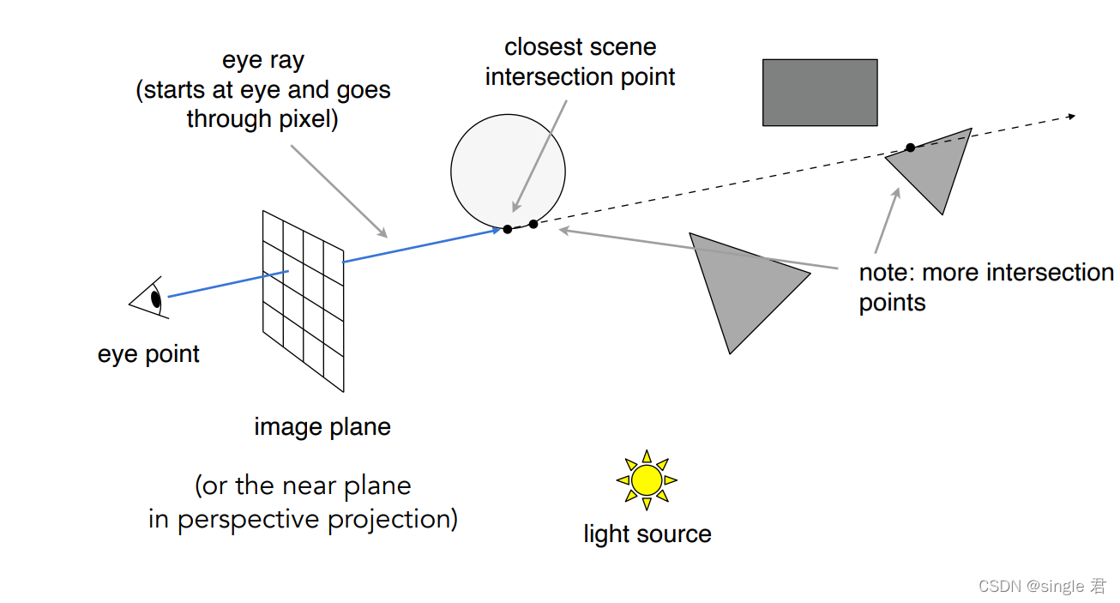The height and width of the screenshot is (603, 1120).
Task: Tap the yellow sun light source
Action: [x=647, y=479]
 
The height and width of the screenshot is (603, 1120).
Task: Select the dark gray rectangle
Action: [x=820, y=93]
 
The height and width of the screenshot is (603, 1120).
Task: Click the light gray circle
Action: [x=508, y=170]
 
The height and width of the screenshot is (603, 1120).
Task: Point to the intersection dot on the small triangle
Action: [x=910, y=148]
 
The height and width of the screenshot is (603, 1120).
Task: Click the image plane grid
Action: [x=303, y=300]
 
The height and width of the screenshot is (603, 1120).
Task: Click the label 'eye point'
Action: [x=148, y=354]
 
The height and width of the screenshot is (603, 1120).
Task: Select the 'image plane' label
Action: [x=322, y=426]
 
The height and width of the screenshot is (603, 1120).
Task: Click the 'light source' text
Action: [x=647, y=534]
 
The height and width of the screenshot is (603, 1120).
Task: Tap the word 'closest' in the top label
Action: [x=537, y=46]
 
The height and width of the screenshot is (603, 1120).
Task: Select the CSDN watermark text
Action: [x=1042, y=586]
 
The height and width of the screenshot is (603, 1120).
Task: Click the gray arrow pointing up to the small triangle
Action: [x=887, y=221]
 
